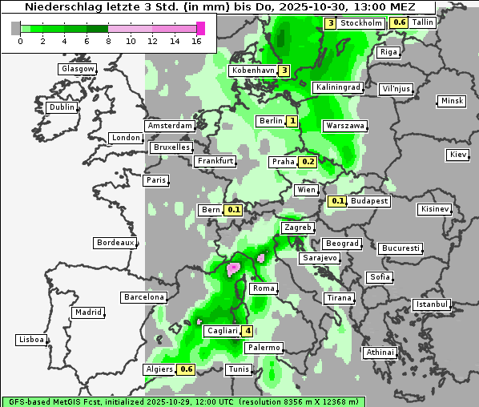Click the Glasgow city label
coord(78,69)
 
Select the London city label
coord(126,138)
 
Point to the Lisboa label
coord(31,340)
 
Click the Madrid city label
coord(87,312)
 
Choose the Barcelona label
coord(143,297)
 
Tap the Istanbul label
coord(432,304)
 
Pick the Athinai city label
coord(380,353)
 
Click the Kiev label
coord(458,155)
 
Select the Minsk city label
coord(452,101)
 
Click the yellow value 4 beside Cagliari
coord(248,331)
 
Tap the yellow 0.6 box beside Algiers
coord(187,369)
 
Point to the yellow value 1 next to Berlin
coord(292,121)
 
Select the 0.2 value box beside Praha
coord(308,162)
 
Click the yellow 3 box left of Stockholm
coord(330,23)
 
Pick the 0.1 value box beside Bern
coord(234,210)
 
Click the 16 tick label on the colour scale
coord(196,41)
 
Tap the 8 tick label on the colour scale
coord(108,41)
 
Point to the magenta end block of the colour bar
coord(200,28)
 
